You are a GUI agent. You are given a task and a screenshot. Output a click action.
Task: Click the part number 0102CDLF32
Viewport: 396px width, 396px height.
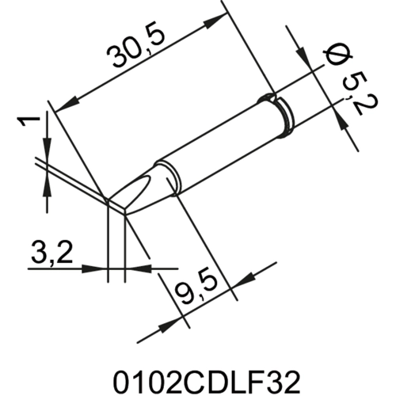tap(197, 371)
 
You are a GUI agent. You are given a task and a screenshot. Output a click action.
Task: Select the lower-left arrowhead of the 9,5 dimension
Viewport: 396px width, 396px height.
tap(167, 326)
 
